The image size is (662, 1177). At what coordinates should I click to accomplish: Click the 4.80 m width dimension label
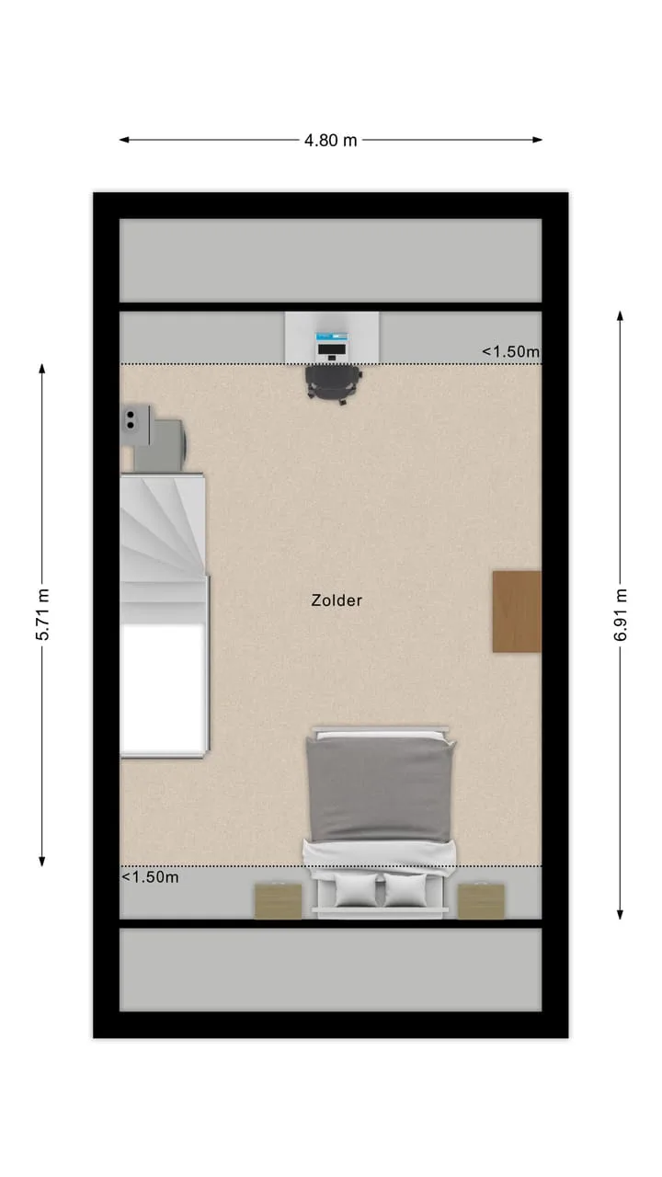[x=330, y=141]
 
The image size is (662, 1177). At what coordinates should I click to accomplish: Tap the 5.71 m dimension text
[x=42, y=614]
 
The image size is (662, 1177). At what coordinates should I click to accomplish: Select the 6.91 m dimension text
[x=620, y=614]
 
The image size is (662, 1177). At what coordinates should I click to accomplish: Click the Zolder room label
[x=337, y=600]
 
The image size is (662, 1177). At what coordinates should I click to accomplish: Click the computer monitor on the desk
[x=332, y=349]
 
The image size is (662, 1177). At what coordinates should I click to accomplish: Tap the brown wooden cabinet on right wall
[x=517, y=611]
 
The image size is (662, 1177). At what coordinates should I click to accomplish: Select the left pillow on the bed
[x=356, y=889]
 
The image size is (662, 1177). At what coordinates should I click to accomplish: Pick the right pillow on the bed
[x=405, y=889]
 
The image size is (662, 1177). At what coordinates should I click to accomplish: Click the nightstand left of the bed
[x=279, y=901]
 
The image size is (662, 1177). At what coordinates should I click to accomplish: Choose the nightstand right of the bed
[x=481, y=901]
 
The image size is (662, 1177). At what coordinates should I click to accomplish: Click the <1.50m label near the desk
[x=510, y=351]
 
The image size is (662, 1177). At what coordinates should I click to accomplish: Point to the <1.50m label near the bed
[x=150, y=877]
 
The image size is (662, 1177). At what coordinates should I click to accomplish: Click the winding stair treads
[x=162, y=547]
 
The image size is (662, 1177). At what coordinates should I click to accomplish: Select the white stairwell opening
[x=163, y=689]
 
